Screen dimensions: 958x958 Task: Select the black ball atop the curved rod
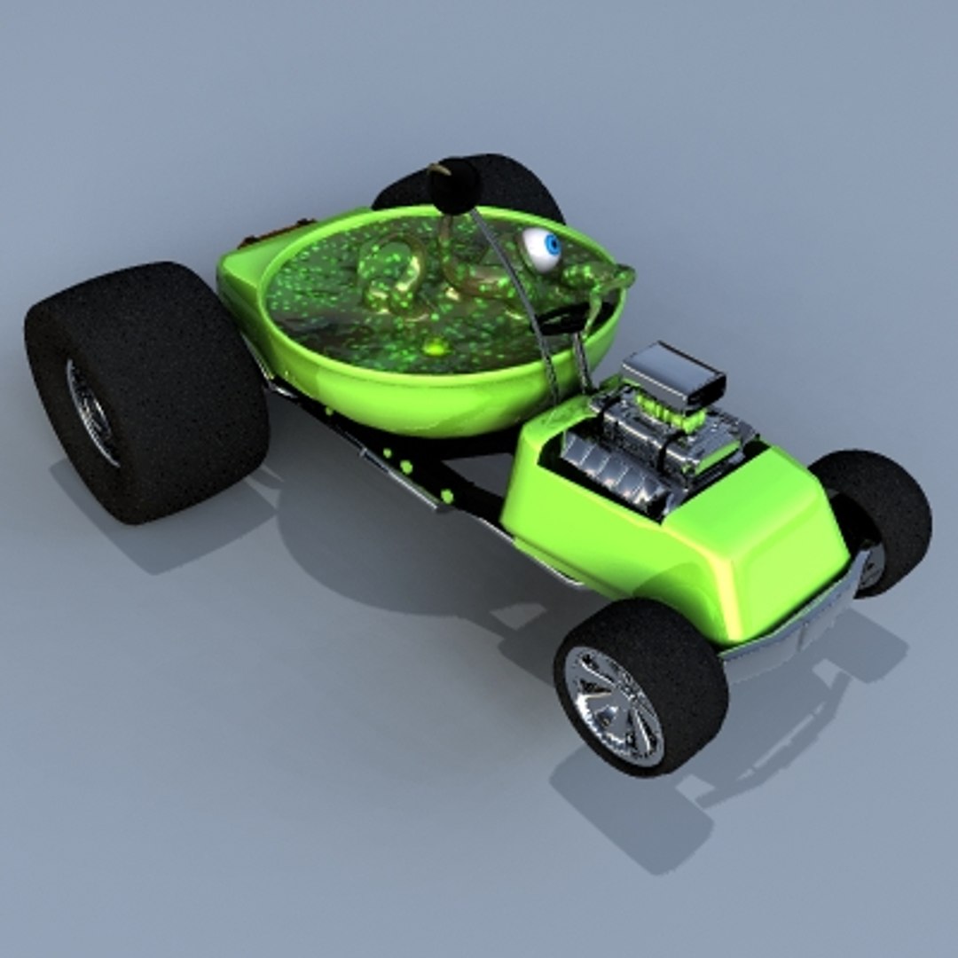coord(453,184)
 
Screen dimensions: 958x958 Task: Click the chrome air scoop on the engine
coord(672,375)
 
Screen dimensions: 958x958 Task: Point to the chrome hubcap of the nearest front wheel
coord(613,705)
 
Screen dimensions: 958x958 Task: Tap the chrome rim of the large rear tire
coord(90,410)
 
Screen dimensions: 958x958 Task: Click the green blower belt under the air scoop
coord(674,414)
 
